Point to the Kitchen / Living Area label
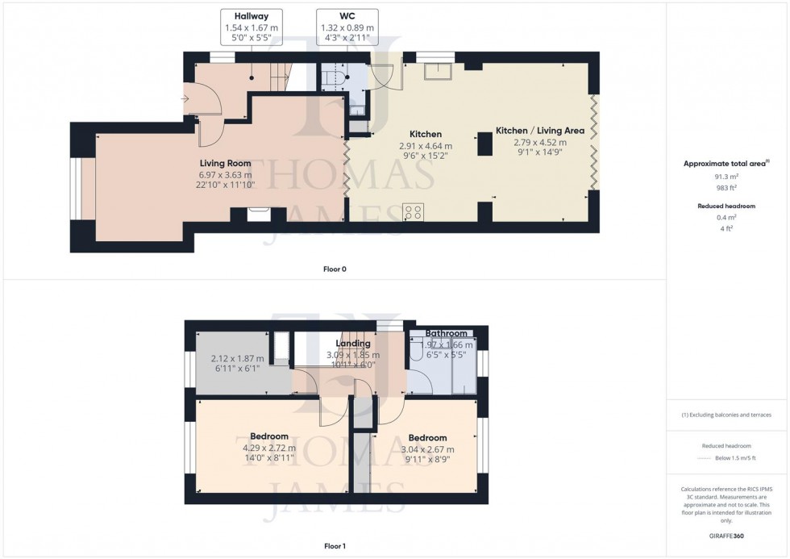coord(539,131)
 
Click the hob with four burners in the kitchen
coord(414,212)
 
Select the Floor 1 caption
coord(335,546)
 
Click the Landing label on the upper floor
coord(353,344)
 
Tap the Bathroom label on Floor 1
coord(446,333)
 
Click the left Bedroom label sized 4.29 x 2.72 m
coord(269,437)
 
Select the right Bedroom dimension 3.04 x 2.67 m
coord(427,449)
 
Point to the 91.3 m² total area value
coord(727,177)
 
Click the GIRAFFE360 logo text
coord(727,535)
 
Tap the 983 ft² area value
coord(727,188)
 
